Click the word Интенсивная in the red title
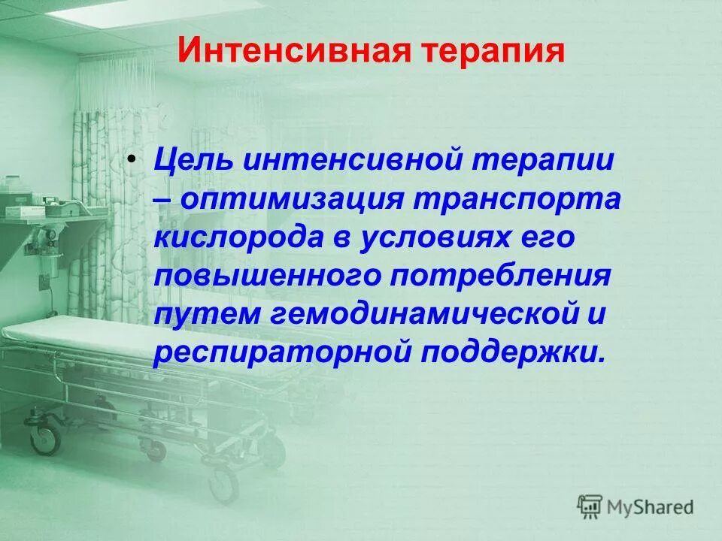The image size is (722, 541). pyautogui.click(x=275, y=52)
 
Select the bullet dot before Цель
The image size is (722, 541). pyautogui.click(x=132, y=141)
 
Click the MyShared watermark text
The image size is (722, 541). pyautogui.click(x=651, y=507)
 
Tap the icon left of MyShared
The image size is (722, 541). pyautogui.click(x=590, y=508)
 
